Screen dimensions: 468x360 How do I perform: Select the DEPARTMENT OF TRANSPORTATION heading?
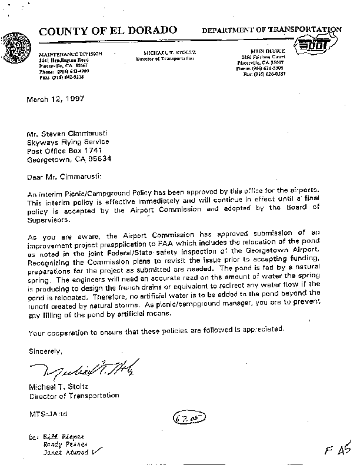click(271, 29)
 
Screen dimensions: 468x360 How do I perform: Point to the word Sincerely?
click(45, 352)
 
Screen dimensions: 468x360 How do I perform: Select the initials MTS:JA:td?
click(49, 414)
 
